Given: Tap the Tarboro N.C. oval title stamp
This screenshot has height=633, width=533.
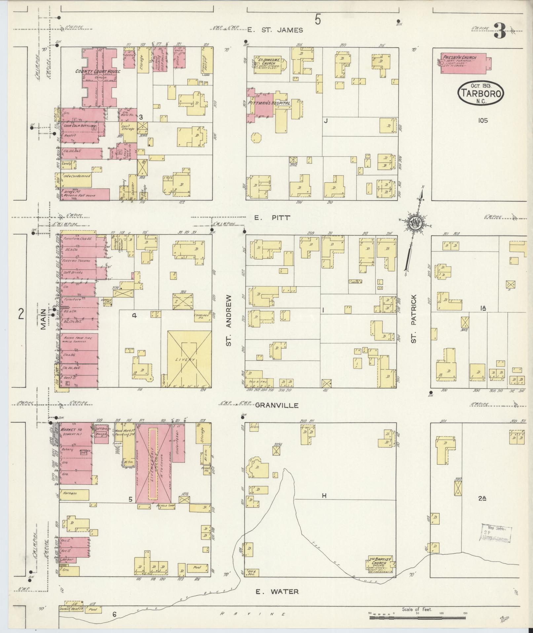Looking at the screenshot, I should point(481,94).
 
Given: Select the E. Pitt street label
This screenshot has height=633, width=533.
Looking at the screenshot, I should point(272,218).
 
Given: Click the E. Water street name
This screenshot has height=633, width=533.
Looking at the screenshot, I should point(278,591).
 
